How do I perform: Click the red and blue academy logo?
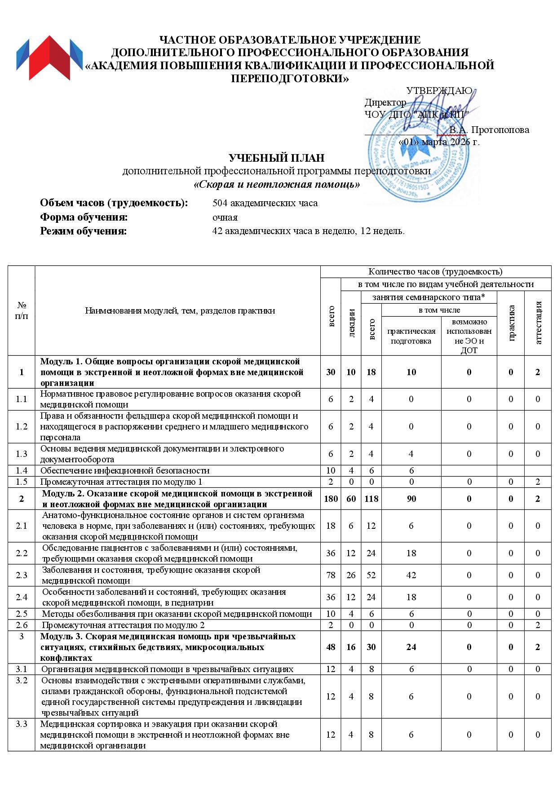(x=49, y=59)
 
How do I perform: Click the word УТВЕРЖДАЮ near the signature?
(x=439, y=91)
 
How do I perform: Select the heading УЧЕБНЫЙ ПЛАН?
(x=276, y=158)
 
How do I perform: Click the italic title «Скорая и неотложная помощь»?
(x=276, y=184)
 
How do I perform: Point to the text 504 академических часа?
(x=265, y=203)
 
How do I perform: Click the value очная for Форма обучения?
(x=225, y=217)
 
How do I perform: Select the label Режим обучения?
(x=84, y=231)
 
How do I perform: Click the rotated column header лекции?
(x=351, y=323)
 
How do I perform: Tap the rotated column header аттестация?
(x=538, y=323)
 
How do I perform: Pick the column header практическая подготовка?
(x=411, y=336)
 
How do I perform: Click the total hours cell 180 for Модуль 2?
(x=331, y=499)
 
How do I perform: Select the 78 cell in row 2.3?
(x=331, y=575)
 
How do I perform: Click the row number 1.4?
(x=22, y=471)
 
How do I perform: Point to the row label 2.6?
(x=22, y=625)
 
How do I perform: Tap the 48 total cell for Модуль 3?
(x=331, y=647)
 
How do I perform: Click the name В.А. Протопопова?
(x=489, y=130)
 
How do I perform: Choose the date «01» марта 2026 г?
(x=439, y=142)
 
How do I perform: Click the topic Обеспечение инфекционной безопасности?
(x=125, y=471)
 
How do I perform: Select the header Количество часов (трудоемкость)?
(x=435, y=271)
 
